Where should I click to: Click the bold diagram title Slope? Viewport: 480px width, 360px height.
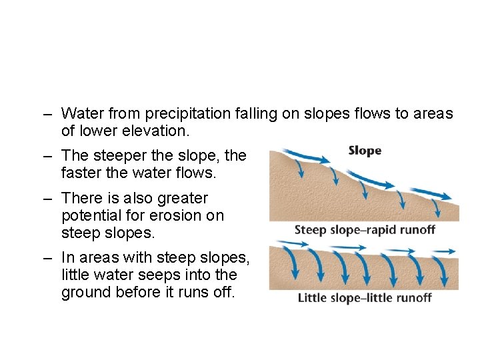[x=365, y=151]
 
